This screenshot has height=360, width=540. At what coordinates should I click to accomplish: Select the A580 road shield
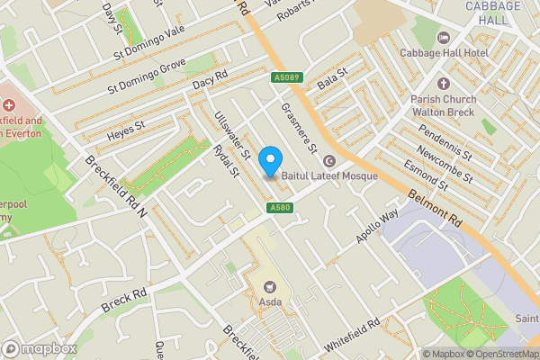(278, 209)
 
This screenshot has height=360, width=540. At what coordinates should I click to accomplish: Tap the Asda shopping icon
(266, 281)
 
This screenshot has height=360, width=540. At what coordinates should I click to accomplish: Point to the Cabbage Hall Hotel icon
(442, 37)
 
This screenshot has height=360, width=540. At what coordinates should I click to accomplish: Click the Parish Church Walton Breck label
(442, 106)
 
